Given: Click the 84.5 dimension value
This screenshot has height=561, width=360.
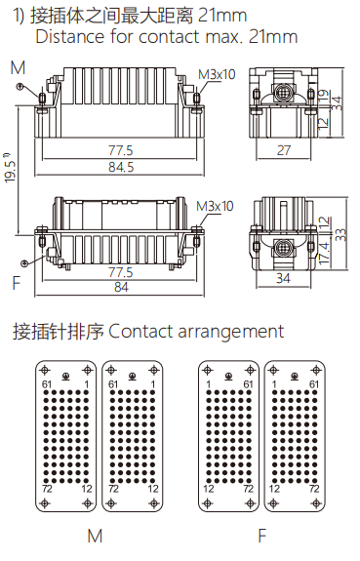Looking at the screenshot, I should [121, 166].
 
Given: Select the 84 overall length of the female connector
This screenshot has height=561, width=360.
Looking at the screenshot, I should [121, 287].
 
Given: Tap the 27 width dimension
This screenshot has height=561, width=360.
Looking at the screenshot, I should [284, 150].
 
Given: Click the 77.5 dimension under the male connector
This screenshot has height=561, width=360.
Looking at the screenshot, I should [121, 150].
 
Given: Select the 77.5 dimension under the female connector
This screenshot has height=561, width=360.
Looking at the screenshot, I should [121, 271].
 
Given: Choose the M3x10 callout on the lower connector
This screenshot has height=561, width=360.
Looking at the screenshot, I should [215, 206].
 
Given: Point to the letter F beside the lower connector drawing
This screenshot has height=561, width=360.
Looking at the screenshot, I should [16, 283].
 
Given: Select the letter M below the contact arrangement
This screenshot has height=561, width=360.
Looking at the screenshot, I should [95, 537].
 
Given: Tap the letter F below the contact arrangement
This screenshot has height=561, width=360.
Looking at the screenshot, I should [260, 537].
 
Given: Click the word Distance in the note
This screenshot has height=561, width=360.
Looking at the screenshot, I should [68, 37].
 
